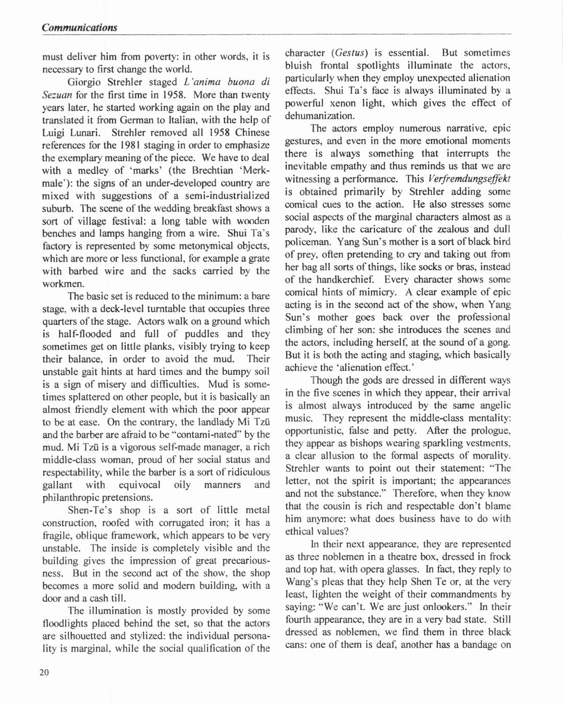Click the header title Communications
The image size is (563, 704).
(x=80, y=28)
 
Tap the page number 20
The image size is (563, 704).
(x=44, y=672)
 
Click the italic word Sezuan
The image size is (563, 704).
(x=57, y=95)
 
